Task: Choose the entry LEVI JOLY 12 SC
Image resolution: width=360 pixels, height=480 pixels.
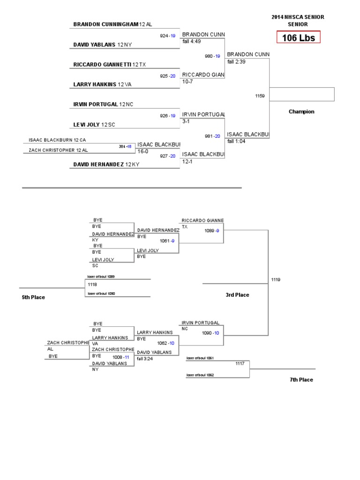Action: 94,124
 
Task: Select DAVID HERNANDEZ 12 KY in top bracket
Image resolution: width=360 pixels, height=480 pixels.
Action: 105,165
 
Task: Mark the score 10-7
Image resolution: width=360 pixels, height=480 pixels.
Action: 187,82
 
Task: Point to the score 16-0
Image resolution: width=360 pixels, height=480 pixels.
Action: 142,151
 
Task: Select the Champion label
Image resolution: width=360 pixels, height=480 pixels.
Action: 301,112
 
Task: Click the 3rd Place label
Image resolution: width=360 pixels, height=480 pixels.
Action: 237,295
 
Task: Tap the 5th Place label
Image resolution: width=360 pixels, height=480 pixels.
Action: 33,297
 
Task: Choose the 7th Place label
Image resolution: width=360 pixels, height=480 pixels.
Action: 301,380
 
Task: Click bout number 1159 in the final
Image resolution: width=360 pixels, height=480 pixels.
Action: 260,96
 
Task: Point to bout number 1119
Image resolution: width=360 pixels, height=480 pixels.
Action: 276,280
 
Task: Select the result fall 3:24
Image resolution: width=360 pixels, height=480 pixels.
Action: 145,359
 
